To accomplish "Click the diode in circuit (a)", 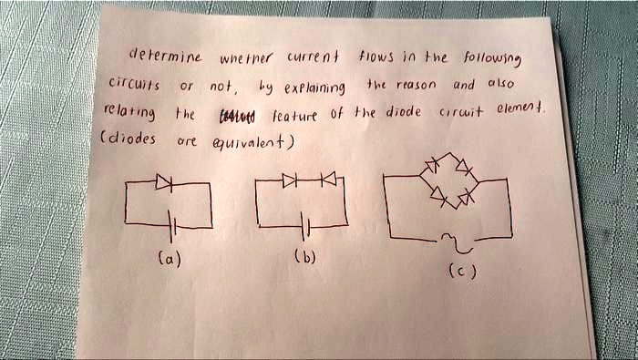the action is pyautogui.click(x=165, y=183).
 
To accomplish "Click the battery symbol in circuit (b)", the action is pyautogui.click(x=307, y=225).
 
